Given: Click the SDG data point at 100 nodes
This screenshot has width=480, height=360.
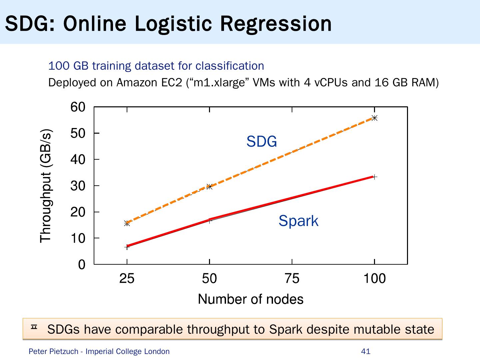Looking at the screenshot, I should coord(374,118).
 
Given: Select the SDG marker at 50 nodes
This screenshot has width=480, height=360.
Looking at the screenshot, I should coord(209,187).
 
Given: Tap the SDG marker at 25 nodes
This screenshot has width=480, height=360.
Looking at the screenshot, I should coord(127,223).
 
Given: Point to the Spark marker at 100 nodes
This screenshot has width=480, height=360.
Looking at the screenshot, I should coord(374,177).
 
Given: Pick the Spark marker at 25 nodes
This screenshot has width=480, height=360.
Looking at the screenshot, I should coord(127,247).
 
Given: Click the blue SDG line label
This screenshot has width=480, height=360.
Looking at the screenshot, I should coord(262,142).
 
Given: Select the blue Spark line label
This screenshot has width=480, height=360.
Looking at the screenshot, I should coord(298,221).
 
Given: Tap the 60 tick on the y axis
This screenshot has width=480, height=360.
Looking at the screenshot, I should coord(78,107).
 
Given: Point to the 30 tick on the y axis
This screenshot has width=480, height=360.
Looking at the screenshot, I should coord(78,186).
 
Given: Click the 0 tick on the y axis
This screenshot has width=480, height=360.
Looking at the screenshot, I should coord(82,265).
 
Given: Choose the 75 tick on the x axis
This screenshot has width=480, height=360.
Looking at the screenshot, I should coord(292,279).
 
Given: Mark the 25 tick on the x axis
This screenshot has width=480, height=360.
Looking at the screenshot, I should coord(127,279).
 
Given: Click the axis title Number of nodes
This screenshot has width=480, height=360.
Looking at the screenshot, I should coord(251,299).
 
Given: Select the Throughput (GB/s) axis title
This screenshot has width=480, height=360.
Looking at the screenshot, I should coord(46,186).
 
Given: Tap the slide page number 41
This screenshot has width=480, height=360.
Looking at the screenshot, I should coord(366,351).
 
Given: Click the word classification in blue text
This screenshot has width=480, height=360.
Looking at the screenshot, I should coord(230,66).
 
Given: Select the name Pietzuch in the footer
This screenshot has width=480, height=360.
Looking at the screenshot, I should coord(65,351).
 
